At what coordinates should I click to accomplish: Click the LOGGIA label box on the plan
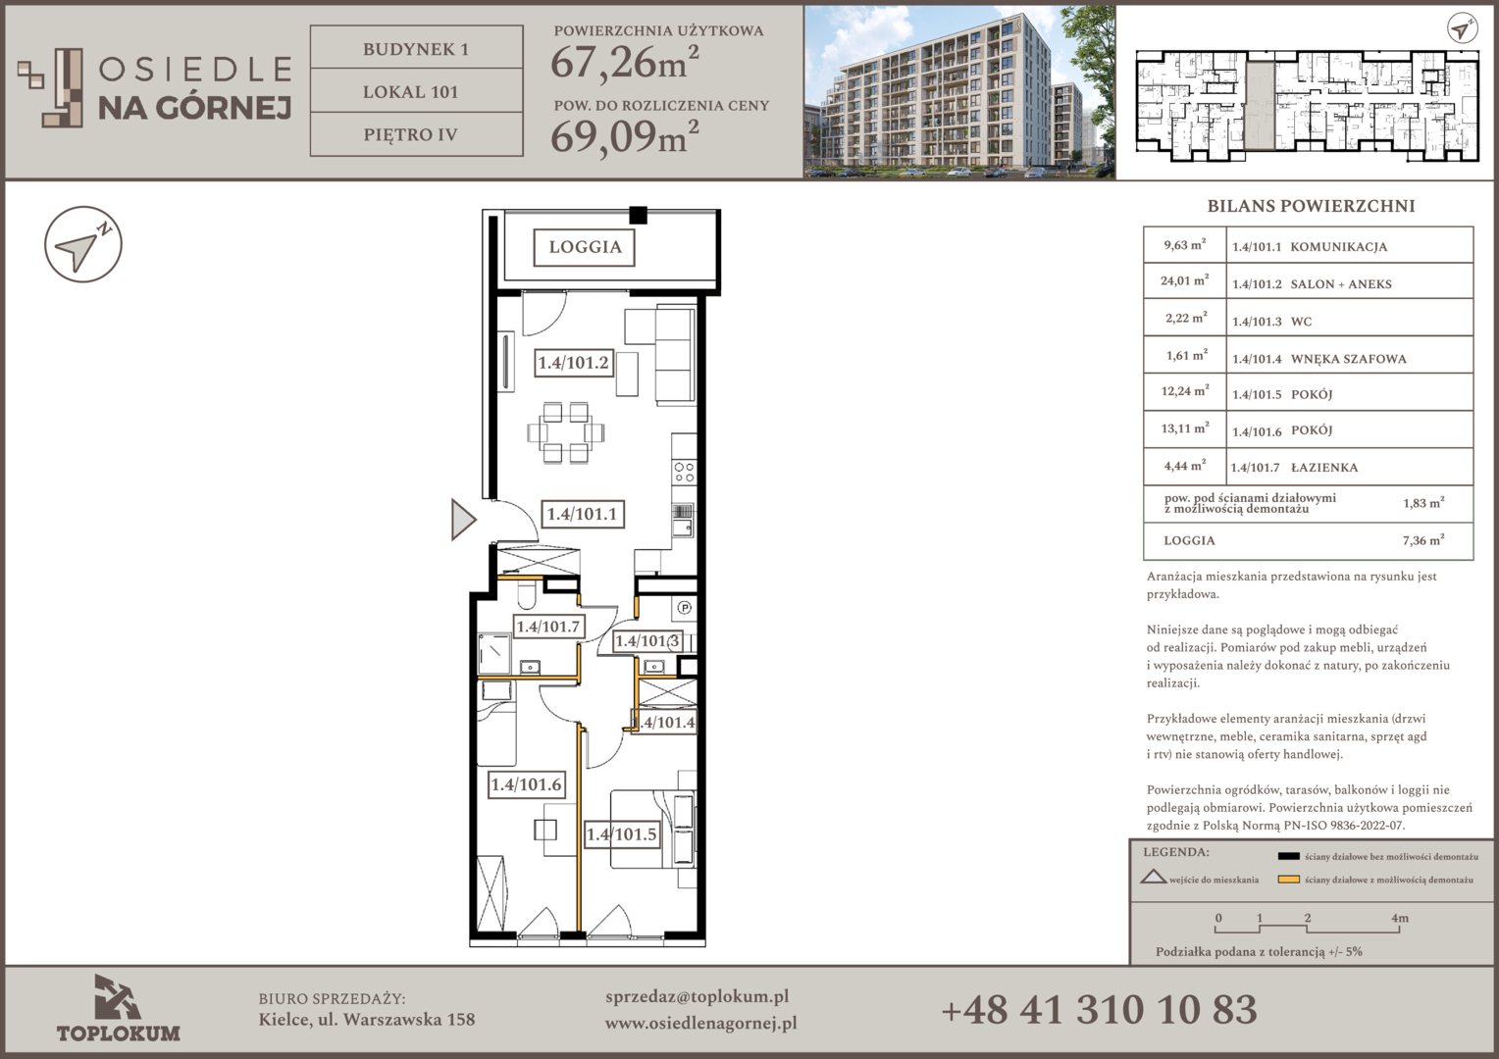(585, 247)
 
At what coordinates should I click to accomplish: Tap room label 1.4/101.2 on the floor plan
(574, 363)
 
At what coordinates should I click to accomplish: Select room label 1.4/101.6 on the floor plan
(526, 784)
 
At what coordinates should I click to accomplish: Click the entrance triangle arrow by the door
(463, 519)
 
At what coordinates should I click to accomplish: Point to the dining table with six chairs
(565, 432)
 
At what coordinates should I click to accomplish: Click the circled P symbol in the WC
(684, 608)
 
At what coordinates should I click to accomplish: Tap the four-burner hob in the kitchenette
(684, 472)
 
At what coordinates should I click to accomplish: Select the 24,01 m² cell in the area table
(1184, 280)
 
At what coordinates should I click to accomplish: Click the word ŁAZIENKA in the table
(1324, 468)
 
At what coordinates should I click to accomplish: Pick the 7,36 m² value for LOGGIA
(1423, 540)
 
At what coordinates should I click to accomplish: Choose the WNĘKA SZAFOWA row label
(1349, 359)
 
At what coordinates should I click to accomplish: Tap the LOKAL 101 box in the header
(416, 91)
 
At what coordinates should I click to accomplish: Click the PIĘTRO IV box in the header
(416, 134)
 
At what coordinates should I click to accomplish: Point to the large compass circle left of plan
(83, 244)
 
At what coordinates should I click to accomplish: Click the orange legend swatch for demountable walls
(1288, 880)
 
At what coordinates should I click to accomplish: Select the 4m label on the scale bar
(1400, 919)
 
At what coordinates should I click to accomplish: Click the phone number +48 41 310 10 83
(1099, 1010)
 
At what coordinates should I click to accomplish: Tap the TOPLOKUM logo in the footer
(119, 1008)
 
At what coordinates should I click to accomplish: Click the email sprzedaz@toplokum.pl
(698, 997)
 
